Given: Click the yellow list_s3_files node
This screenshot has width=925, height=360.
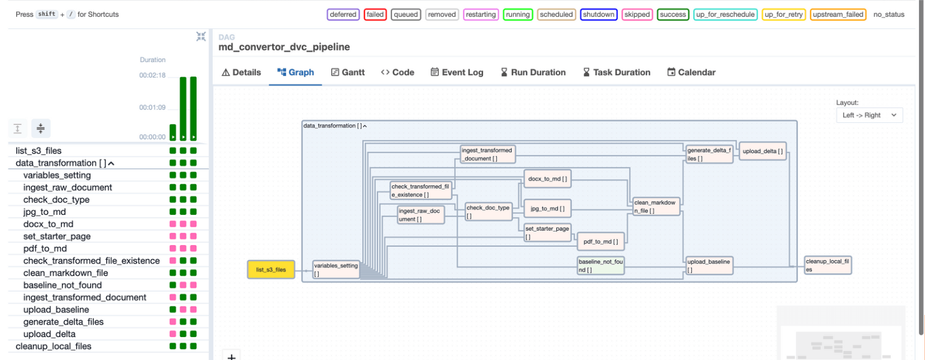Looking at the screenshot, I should click(271, 270).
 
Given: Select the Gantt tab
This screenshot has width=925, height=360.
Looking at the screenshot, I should click(348, 72).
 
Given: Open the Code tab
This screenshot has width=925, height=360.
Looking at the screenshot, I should click(397, 72).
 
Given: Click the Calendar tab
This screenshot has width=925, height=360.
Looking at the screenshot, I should click(691, 72).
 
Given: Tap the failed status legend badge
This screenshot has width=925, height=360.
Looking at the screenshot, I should click(375, 14).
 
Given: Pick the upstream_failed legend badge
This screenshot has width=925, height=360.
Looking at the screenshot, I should click(838, 14).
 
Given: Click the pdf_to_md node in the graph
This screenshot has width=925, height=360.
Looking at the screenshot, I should click(600, 241).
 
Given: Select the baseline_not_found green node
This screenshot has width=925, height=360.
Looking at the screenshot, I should click(600, 265).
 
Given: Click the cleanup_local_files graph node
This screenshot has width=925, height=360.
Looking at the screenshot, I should click(828, 265).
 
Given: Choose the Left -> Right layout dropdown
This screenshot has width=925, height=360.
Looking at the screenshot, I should click(869, 115).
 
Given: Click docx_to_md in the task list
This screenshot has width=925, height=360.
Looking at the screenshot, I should click(48, 224).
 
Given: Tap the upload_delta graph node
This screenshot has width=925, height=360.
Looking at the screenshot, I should click(763, 151).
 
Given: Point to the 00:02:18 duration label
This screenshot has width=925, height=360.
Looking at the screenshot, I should click(152, 75).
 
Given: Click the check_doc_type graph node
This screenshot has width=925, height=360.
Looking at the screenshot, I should click(488, 211).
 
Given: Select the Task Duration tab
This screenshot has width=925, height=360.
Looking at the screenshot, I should click(617, 72).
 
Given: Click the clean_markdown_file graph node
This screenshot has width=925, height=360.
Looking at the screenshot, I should click(656, 206).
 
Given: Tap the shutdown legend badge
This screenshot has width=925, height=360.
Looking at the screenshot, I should click(599, 14).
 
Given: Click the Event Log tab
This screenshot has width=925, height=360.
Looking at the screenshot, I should click(456, 72).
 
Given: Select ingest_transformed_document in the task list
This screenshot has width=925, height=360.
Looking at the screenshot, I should click(84, 297).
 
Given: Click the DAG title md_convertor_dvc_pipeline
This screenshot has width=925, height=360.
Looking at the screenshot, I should click(284, 47).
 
